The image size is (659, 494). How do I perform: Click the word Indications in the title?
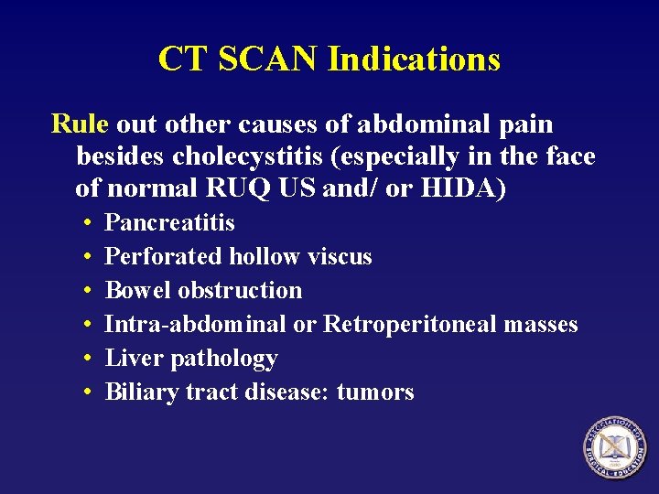coord(414,59)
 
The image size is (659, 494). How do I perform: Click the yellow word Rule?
coord(81,123)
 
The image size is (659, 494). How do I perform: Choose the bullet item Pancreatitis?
coord(170,223)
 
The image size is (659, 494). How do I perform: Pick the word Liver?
coord(127,359)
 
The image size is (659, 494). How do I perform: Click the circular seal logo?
coord(615,447)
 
